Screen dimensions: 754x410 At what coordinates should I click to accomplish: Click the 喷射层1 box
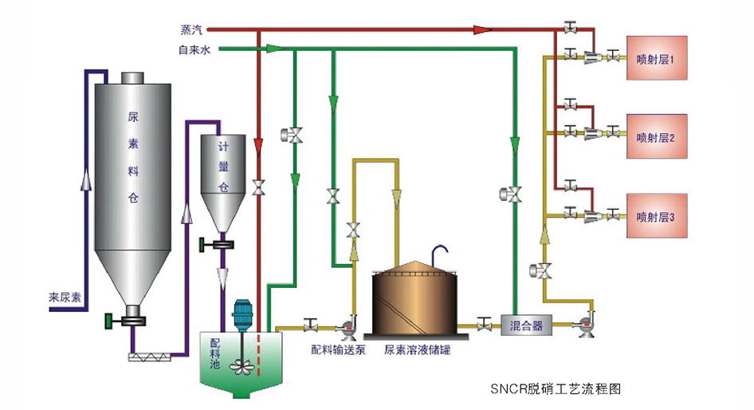tap(657, 57)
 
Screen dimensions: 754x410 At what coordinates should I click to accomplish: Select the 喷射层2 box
tap(657, 136)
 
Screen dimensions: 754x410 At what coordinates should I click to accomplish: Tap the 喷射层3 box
tap(657, 216)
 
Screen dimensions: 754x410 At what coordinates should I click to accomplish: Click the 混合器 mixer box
tap(526, 325)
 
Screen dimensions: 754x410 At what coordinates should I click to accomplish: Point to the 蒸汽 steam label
tap(191, 30)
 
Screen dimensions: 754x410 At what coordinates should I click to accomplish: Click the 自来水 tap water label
tap(194, 49)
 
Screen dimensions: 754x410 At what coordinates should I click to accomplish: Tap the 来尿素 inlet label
tap(65, 297)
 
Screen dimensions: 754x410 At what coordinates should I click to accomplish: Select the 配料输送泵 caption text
tap(339, 350)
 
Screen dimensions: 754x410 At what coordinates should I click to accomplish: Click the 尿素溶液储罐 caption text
tap(417, 350)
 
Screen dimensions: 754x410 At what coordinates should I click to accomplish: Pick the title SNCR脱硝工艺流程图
tap(556, 388)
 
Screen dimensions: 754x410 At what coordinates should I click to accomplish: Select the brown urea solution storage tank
tap(414, 299)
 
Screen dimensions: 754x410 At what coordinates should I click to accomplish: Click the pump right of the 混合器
tap(586, 325)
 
